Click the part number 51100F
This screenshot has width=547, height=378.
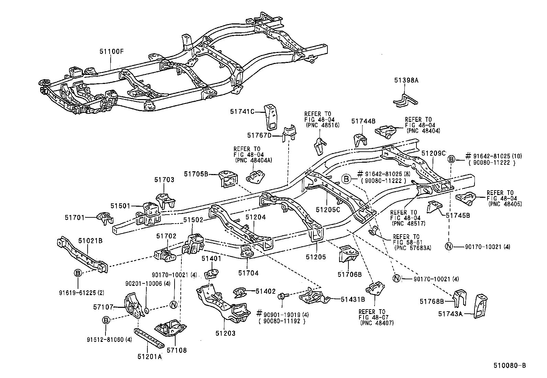coord(111,52)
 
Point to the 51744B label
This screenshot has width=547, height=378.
coord(363,121)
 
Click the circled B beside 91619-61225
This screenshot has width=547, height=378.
coord(78,273)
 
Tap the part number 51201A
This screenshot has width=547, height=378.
coord(149,357)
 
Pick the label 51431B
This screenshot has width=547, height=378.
coord(353,300)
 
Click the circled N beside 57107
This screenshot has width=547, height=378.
coord(173,304)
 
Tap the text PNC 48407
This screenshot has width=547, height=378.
coord(377,323)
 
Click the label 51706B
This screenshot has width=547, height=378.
coord(349,274)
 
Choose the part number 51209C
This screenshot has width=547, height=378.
coord(433,153)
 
